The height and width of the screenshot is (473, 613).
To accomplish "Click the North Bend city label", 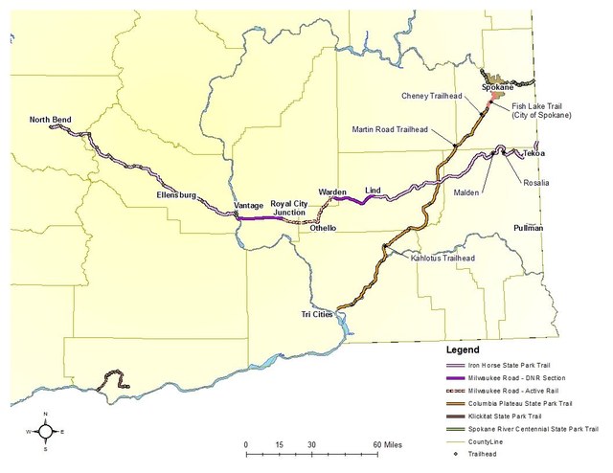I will (51, 120).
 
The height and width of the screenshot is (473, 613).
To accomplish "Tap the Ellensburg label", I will (177, 195).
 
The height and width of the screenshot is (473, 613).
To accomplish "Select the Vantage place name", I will (248, 205).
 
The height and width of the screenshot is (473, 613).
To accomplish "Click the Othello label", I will (324, 228).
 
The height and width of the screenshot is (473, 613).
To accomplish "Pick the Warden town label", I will (332, 192).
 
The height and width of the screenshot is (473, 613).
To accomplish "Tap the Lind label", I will (374, 191).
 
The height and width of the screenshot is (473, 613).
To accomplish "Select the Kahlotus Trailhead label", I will (443, 258).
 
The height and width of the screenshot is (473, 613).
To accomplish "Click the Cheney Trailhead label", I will (434, 96).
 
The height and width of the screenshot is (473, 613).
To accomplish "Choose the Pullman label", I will (528, 228).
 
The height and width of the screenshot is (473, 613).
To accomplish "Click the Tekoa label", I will (534, 153).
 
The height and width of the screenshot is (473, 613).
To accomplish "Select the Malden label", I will (466, 191).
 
